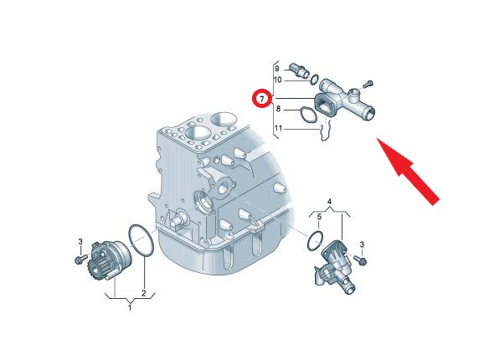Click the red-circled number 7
tap(261, 99)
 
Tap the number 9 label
tap(277, 69)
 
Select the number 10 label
tap(277, 80)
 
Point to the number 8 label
tap(278, 109)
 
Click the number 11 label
tap(278, 128)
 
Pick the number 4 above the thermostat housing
tap(329, 202)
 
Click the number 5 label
tap(319, 217)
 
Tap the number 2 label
tap(144, 293)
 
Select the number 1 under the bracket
tap(130, 308)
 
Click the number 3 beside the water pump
tap(80, 242)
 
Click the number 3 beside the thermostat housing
tap(362, 244)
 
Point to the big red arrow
tap(408, 171)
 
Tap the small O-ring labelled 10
tap(314, 80)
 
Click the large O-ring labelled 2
tap(141, 240)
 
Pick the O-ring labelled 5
tap(314, 240)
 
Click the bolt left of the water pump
tap(80, 259)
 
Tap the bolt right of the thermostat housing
tap(359, 260)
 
